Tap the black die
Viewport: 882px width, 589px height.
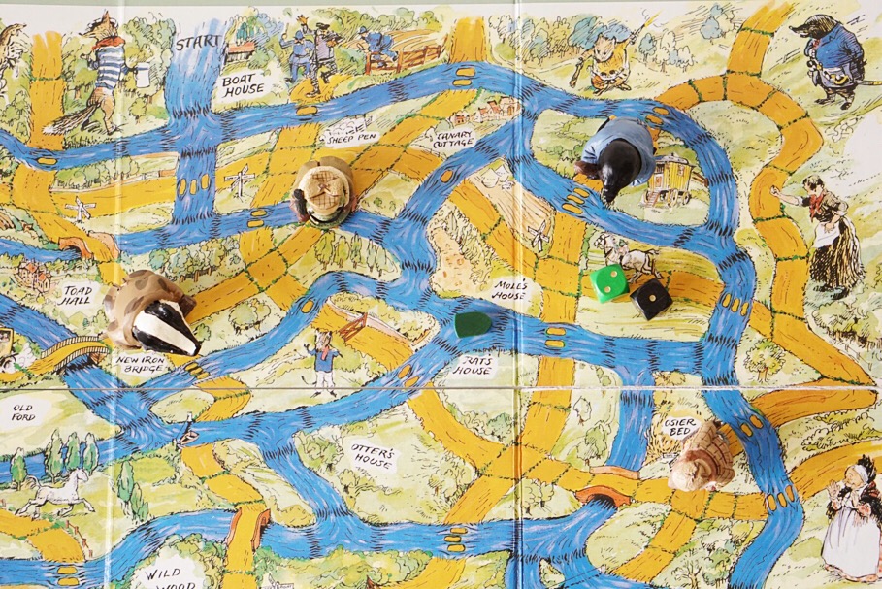(x=650, y=299)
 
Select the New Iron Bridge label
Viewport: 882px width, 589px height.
(x=143, y=364)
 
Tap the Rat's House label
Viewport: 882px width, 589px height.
(x=474, y=365)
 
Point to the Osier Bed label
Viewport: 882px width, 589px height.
(x=676, y=428)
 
